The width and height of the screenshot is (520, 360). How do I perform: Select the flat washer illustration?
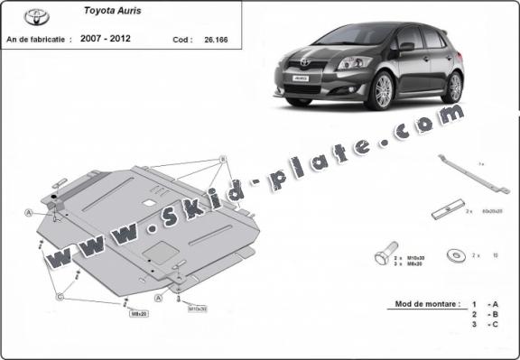454,254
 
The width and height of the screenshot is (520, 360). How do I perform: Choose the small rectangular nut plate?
443,213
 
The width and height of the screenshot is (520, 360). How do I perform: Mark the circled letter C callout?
59,297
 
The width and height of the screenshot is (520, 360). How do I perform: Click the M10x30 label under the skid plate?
197,309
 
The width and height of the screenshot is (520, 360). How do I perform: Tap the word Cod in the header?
181,41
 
